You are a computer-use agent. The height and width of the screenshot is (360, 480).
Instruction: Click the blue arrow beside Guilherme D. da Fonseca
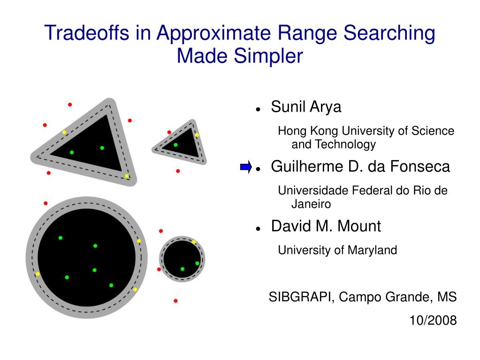tap(245, 167)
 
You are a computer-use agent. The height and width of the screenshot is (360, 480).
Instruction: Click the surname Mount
tap(361, 226)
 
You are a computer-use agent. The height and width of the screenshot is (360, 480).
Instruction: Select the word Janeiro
tap(311, 204)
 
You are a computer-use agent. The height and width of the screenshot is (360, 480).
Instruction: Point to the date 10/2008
tap(433, 321)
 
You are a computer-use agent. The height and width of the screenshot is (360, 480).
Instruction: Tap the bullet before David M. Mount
tap(258, 228)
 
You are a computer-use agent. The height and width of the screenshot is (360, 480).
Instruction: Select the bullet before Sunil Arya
tap(258, 109)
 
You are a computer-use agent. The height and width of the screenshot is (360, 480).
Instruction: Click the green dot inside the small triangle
tap(175, 145)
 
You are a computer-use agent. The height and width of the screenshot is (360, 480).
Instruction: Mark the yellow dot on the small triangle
tap(197, 135)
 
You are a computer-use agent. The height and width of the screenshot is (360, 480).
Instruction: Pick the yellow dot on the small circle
tap(194, 242)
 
